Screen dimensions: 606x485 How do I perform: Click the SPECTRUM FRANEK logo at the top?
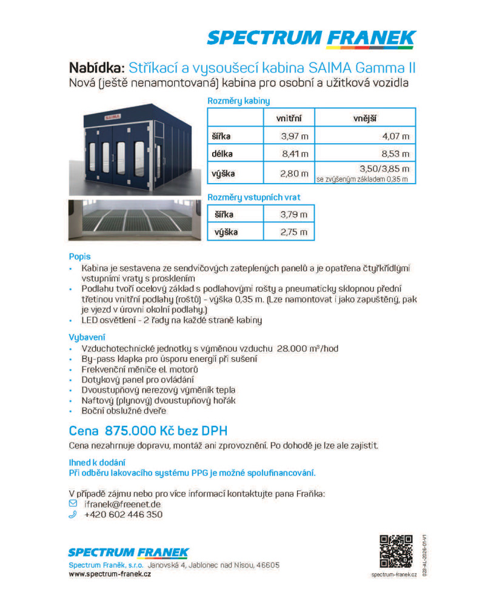(x=310, y=38)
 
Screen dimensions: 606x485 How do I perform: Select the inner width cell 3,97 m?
(x=295, y=136)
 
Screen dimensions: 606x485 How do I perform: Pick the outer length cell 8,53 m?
(x=395, y=155)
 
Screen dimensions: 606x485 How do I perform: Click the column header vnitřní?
(x=289, y=118)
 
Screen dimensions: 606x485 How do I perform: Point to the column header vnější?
(x=366, y=118)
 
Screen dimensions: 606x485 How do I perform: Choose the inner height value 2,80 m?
(x=295, y=173)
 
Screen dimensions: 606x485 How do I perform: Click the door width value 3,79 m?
(x=294, y=215)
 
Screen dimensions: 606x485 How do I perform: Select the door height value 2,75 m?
(x=294, y=232)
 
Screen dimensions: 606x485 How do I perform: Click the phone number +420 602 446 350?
(x=123, y=514)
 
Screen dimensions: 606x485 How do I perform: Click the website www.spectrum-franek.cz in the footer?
(x=110, y=574)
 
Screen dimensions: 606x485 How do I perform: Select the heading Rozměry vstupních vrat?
(x=254, y=197)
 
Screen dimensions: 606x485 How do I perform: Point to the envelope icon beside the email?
(x=73, y=504)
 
